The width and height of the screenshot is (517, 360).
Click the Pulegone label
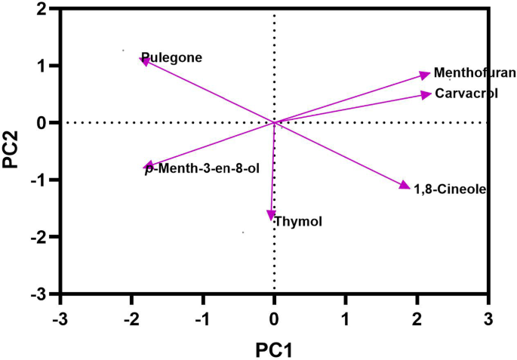[x=172, y=57]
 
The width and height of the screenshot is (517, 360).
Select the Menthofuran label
[x=475, y=73]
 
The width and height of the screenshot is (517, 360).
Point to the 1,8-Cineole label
[x=449, y=188]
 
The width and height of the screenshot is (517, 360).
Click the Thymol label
[x=298, y=221]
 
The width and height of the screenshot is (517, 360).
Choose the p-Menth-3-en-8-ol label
[x=202, y=169]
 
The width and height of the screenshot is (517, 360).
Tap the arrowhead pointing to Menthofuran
[x=426, y=74]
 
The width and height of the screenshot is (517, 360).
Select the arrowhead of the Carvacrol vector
[x=426, y=94]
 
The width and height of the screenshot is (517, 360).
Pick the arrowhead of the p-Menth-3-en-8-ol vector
[x=149, y=167]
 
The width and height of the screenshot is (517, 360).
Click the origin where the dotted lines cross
[x=274, y=122]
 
